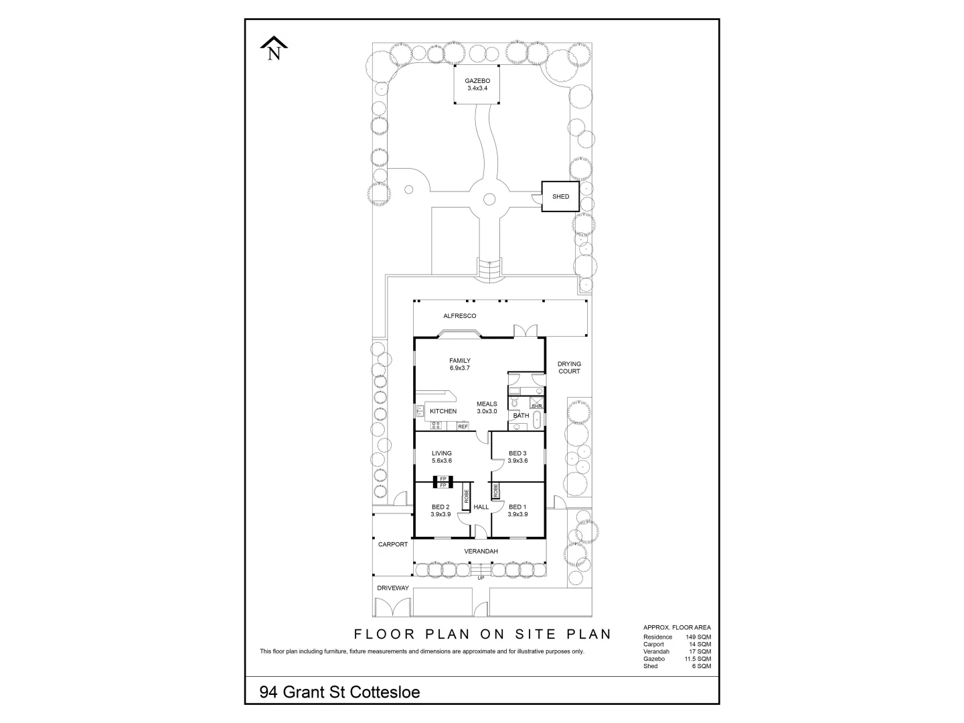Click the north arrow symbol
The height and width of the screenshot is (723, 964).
(x=274, y=48)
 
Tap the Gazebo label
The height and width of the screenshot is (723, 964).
(x=477, y=81)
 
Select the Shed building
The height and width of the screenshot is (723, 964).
(x=560, y=196)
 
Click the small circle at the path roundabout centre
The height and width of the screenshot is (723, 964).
(x=489, y=198)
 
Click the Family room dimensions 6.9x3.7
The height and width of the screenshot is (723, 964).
(x=460, y=368)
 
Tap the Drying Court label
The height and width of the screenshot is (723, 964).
(x=569, y=368)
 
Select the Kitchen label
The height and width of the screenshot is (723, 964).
(x=443, y=411)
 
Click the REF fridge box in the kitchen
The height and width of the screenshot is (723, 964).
(x=463, y=426)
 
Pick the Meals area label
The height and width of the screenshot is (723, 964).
(x=487, y=404)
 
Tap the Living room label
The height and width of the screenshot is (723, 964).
(x=442, y=453)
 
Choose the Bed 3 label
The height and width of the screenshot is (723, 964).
(x=517, y=453)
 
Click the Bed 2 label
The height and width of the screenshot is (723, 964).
(x=440, y=507)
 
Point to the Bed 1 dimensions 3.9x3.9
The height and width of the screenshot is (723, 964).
(x=517, y=514)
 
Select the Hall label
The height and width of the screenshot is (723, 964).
(x=481, y=507)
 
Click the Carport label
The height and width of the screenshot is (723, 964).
(x=392, y=544)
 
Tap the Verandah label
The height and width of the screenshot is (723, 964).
(x=481, y=551)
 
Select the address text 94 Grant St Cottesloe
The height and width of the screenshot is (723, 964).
(x=340, y=692)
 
